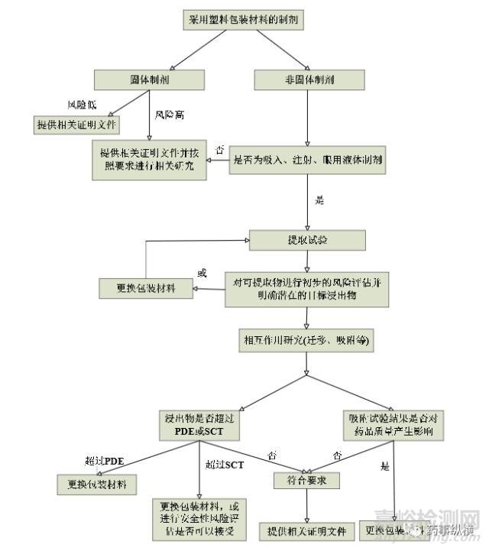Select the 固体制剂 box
(150, 79)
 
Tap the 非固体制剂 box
(306, 79)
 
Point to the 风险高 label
(169, 115)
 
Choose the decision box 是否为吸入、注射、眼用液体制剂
(309, 161)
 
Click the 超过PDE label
(105, 462)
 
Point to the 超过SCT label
(223, 464)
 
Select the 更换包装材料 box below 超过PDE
(97, 484)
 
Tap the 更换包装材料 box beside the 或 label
(145, 288)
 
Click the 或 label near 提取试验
(202, 273)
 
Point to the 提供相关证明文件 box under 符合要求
(306, 530)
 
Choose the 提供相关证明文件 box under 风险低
(76, 124)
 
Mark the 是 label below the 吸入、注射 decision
(319, 201)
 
